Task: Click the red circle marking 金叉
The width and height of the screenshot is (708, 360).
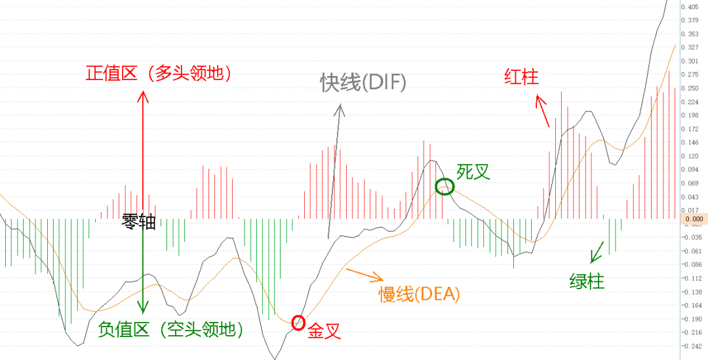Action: tap(292, 323)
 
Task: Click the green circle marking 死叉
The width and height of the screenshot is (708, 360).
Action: tap(437, 186)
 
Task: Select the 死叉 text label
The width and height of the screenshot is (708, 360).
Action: tap(473, 172)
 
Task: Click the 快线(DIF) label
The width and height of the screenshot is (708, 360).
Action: tap(363, 83)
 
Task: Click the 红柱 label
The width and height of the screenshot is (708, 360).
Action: tap(521, 77)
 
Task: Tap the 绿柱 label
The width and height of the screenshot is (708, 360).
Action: tap(587, 282)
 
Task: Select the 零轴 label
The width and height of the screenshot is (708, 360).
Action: tap(138, 222)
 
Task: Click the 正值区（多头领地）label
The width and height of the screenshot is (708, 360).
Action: tap(159, 73)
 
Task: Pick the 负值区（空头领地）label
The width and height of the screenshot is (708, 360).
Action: tap(170, 330)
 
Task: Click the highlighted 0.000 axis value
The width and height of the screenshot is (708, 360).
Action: tap(693, 218)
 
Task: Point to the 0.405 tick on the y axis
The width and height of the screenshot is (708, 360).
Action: tap(690, 7)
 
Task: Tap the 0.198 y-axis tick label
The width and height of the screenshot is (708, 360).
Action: tap(690, 115)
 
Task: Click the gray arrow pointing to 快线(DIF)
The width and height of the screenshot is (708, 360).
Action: tap(335, 171)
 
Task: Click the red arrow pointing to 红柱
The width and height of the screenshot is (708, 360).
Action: tap(542, 110)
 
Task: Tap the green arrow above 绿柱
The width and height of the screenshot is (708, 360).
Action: tap(598, 252)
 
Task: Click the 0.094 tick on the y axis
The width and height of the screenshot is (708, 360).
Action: tap(690, 169)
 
